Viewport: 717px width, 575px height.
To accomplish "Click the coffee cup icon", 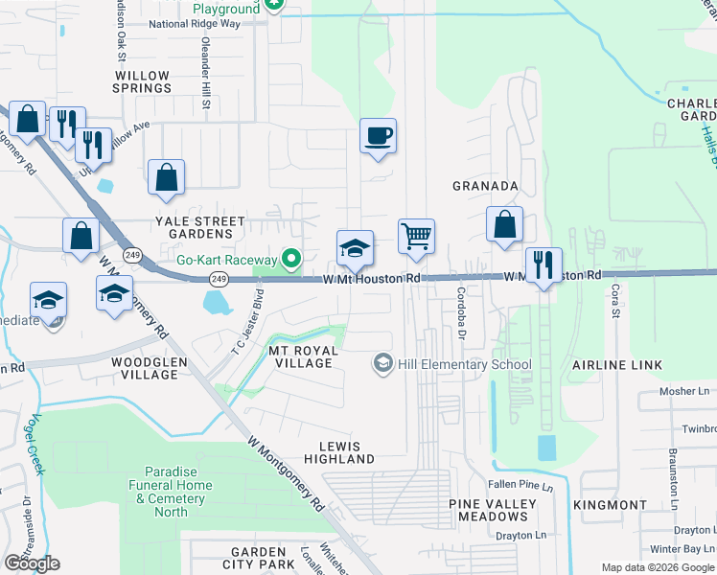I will click(378, 135).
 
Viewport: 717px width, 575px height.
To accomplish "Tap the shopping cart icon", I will click(416, 236).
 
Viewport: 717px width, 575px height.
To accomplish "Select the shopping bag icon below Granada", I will click(504, 226).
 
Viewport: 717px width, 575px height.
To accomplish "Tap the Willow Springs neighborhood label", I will click(143, 81).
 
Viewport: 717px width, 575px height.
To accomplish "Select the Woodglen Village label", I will click(145, 368).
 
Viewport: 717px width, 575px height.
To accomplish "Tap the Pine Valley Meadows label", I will click(493, 510).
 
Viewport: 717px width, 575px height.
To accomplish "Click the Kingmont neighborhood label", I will click(610, 505).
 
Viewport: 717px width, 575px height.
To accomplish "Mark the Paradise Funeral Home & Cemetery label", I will click(171, 492).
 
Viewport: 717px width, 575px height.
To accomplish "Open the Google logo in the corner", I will click(32, 563).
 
